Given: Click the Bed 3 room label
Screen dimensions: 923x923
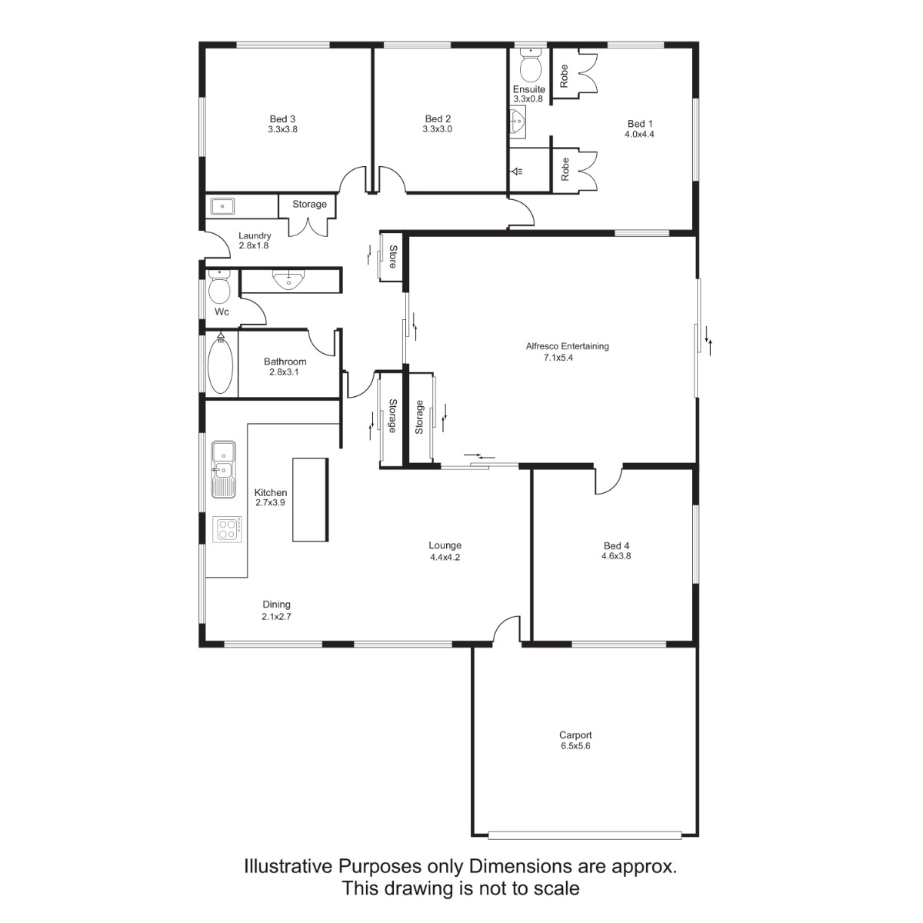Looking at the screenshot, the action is click(282, 118).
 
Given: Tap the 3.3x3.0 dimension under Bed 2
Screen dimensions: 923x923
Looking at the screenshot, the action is click(438, 129).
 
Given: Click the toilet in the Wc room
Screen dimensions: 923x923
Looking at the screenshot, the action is click(220, 286).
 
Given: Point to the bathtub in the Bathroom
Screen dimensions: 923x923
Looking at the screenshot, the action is click(221, 363).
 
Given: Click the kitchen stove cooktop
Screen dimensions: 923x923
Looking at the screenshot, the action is click(227, 529).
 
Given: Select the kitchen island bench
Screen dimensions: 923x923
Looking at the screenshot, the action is click(311, 500).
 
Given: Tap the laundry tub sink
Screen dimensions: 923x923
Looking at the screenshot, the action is click(222, 206).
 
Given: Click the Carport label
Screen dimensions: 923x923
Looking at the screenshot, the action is click(575, 735).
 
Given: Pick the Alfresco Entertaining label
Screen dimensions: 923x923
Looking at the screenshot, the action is click(567, 346).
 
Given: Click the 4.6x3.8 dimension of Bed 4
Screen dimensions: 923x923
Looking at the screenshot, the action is click(616, 556).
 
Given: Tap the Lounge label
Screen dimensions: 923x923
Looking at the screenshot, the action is click(445, 545).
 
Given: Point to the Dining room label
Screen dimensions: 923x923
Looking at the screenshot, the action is click(276, 605).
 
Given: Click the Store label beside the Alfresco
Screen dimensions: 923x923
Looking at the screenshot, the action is click(393, 257).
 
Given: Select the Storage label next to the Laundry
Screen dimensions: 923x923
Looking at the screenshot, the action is click(309, 204).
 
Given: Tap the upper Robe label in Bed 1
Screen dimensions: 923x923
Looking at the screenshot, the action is click(565, 75).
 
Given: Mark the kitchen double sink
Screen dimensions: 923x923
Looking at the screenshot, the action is click(224, 470).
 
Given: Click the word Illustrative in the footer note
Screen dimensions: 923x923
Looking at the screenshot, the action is click(288, 867).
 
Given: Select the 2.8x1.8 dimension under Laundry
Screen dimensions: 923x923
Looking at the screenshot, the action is click(254, 245).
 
